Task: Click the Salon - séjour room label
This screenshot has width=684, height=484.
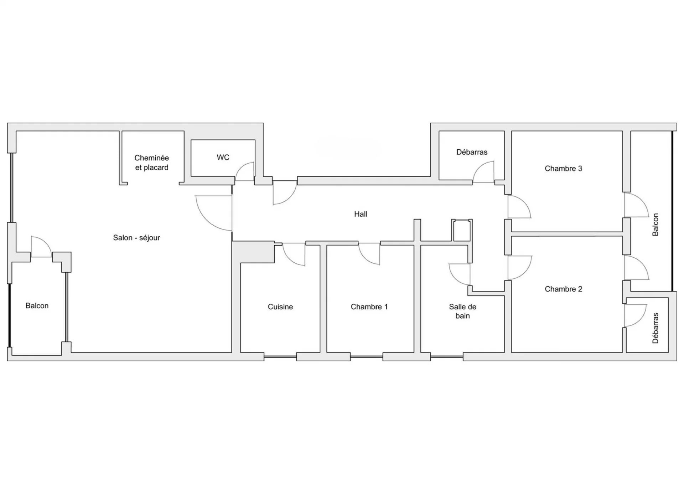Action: [x=136, y=238]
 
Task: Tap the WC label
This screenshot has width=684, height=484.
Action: [x=223, y=158]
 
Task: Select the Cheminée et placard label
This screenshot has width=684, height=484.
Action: [x=152, y=163]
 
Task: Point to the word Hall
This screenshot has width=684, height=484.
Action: [x=361, y=214]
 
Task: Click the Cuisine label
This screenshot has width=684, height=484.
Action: [x=280, y=307]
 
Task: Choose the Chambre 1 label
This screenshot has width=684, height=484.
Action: [x=369, y=307]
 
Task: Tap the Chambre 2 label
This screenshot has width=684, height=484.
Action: [x=563, y=289]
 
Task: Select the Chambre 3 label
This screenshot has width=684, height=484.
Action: [x=563, y=169]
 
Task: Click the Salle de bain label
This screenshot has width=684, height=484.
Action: [x=462, y=311]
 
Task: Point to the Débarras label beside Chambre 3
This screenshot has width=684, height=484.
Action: [x=472, y=152]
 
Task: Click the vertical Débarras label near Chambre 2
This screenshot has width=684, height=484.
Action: [x=655, y=328]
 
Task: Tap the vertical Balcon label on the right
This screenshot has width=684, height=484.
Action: [x=655, y=225]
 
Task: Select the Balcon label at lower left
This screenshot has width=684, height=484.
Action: [x=37, y=306]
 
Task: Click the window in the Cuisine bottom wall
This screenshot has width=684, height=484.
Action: [x=280, y=357]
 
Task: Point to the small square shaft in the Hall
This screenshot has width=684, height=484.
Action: [x=462, y=231]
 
